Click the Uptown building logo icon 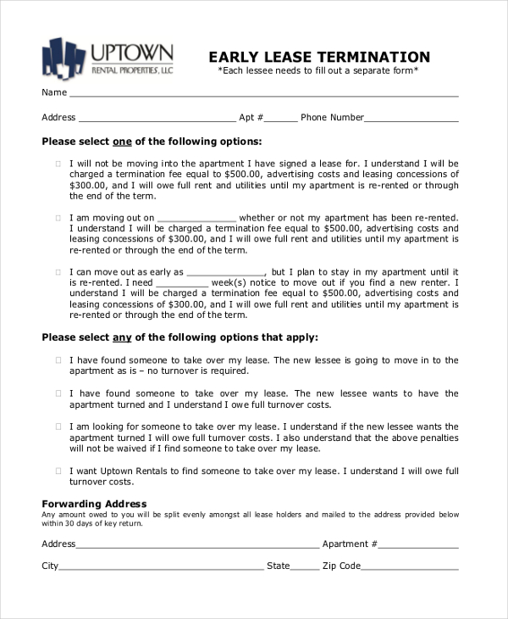point(63,57)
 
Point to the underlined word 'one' point(122,141)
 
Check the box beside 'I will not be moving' point(58,164)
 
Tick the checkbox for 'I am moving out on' point(58,217)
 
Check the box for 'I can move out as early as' point(58,271)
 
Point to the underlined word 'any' point(122,337)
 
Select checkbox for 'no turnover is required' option point(58,360)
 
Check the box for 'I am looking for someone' point(58,427)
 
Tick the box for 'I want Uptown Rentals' point(58,470)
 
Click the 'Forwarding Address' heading point(94,504)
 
